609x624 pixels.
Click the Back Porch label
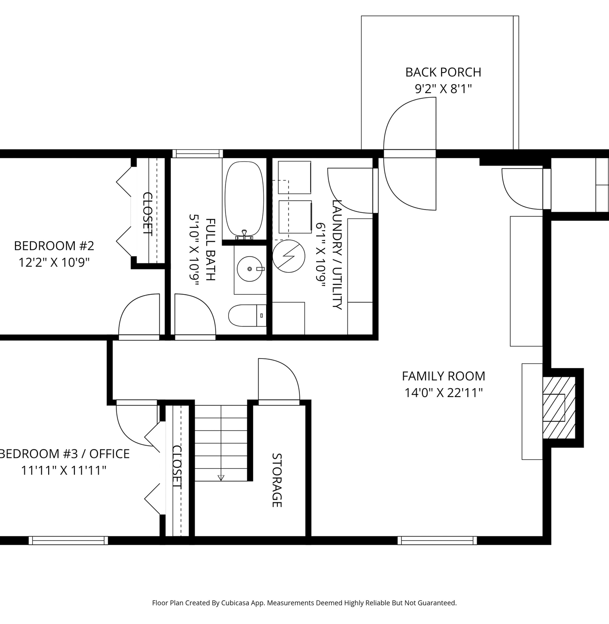(x=443, y=73)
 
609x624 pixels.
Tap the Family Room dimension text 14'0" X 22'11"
(x=443, y=393)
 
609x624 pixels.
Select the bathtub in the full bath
(x=244, y=199)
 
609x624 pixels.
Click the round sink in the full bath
(x=249, y=268)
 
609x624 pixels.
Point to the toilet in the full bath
(x=247, y=316)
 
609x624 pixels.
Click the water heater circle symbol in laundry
(x=289, y=256)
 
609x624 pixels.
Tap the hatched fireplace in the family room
(x=558, y=407)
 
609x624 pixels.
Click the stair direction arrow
(x=221, y=478)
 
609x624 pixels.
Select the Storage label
(x=277, y=480)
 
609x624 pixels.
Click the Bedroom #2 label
(x=54, y=246)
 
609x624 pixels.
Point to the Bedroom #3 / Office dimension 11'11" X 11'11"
(x=64, y=471)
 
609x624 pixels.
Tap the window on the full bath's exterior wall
(x=197, y=153)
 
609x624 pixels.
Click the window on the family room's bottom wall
(x=437, y=540)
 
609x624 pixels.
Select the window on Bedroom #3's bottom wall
(x=68, y=540)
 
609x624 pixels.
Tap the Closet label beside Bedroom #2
(x=147, y=214)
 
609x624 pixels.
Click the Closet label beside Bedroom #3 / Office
(x=177, y=467)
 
